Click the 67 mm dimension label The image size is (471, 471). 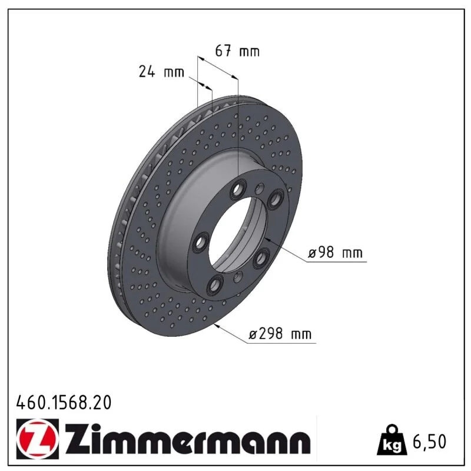tap(237, 51)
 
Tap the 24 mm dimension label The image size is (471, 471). tap(161, 72)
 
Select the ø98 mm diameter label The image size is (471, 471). tap(335, 253)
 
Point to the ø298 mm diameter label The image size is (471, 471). tap(280, 334)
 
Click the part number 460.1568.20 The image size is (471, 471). tap(64, 403)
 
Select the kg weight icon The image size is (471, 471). tap(392, 439)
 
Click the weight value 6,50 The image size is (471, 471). tap(430, 441)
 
